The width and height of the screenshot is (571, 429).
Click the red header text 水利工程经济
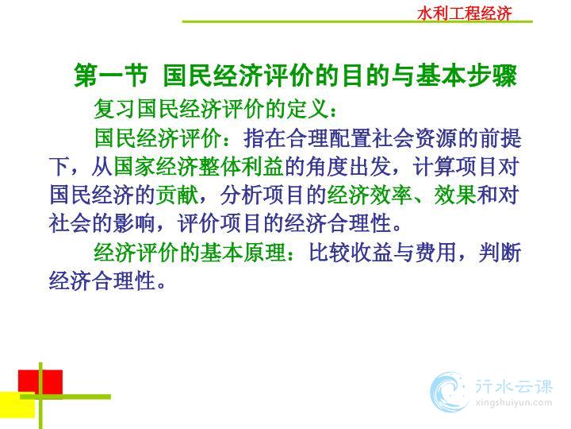[x=464, y=14]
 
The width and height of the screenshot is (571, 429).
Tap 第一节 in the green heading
[x=111, y=76]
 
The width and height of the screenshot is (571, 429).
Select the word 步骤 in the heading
[x=493, y=76]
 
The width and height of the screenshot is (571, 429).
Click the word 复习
[x=116, y=109]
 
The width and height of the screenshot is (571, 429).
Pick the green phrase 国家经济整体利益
[x=198, y=166]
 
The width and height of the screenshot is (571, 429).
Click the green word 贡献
[x=178, y=195]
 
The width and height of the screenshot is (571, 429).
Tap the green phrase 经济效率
[x=370, y=195]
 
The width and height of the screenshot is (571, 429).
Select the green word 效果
[x=455, y=195]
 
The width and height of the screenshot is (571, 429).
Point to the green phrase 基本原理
[x=243, y=253]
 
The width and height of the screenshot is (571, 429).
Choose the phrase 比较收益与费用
[x=382, y=253]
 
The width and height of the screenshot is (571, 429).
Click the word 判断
[x=500, y=253]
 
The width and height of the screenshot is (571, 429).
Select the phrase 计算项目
[x=455, y=166]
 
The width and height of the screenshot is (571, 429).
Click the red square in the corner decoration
[x=40, y=382]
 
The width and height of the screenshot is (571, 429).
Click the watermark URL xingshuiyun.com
[x=514, y=403]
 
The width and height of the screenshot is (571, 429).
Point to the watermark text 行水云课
[x=514, y=386]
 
